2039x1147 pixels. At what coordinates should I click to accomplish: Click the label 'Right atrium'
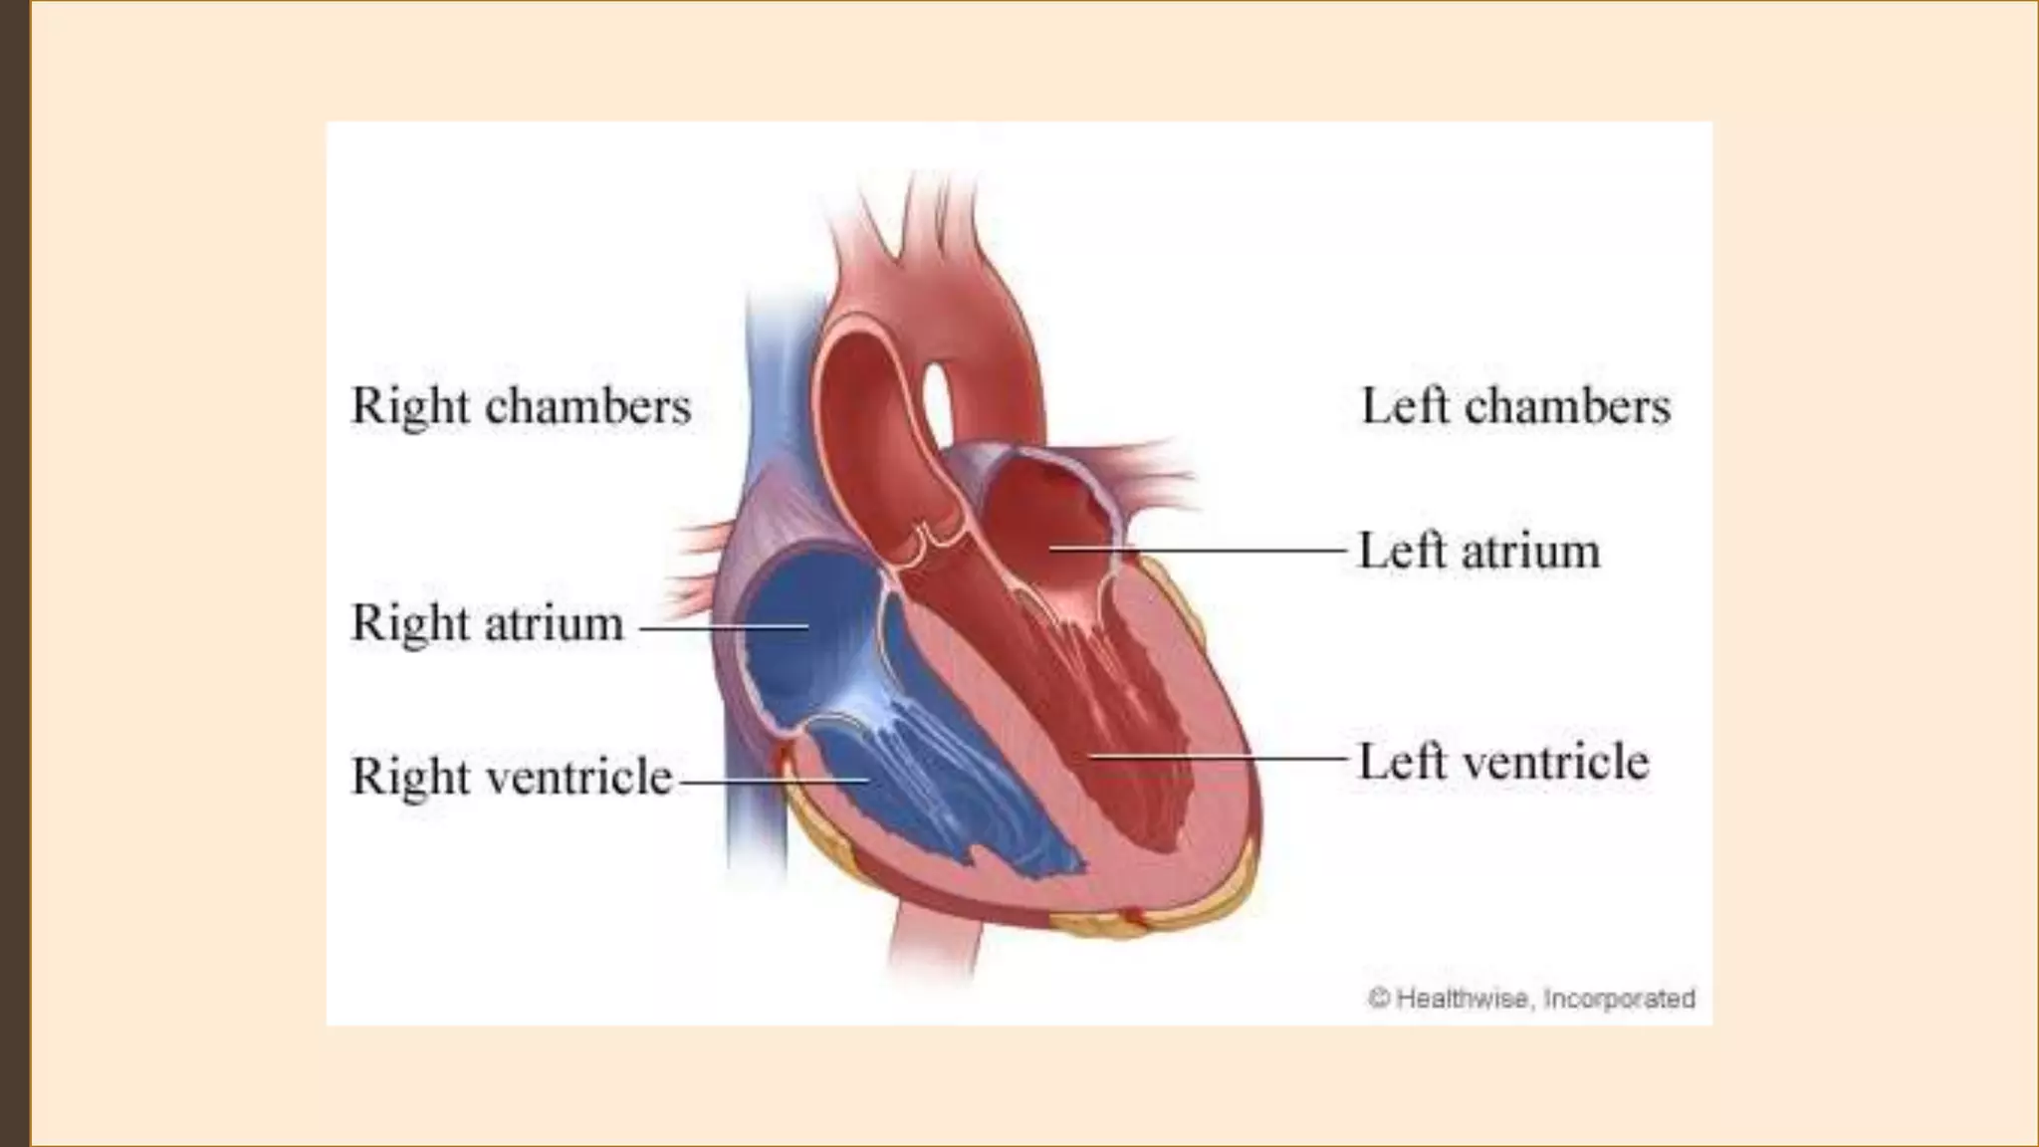(488, 624)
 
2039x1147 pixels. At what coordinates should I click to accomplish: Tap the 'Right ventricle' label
(512, 777)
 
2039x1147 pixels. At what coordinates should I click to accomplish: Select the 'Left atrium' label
(1479, 551)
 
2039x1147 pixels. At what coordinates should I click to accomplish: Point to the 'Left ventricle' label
(1503, 762)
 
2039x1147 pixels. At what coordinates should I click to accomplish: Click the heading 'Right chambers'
(521, 406)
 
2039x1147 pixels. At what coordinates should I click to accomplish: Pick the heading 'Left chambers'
(1515, 406)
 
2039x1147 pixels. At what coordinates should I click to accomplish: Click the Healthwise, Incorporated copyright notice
(1531, 998)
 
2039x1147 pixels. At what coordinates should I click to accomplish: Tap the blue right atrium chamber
(796, 637)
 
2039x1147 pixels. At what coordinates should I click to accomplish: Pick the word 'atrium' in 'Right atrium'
(555, 624)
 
